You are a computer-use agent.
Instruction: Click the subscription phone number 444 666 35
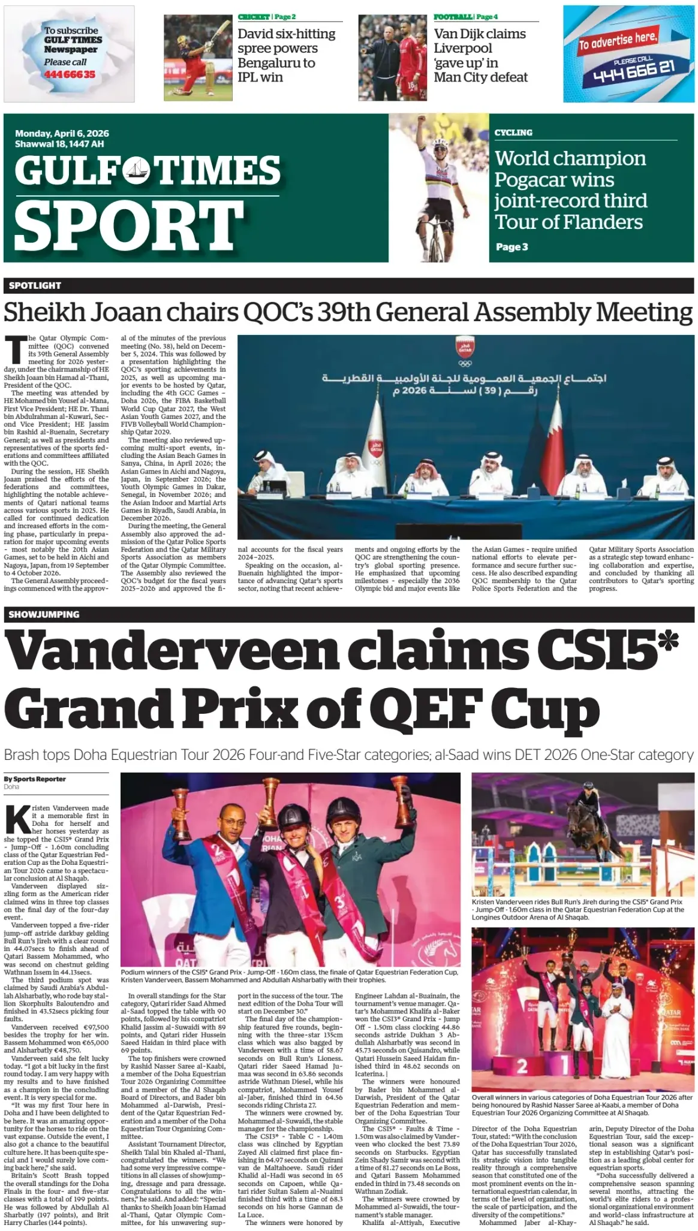69,74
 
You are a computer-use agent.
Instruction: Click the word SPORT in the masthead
128,226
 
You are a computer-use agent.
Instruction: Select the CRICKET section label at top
254,17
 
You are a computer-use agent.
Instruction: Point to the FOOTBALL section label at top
453,17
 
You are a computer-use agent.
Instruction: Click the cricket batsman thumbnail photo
198,57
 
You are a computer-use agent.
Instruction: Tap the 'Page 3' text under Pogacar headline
512,247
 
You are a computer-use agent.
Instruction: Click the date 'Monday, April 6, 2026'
62,134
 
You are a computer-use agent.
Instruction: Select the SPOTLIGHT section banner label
35,285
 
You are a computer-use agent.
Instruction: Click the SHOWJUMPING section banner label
44,614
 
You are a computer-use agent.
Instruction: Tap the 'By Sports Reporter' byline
35,779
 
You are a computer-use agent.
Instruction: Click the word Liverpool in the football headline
462,49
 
